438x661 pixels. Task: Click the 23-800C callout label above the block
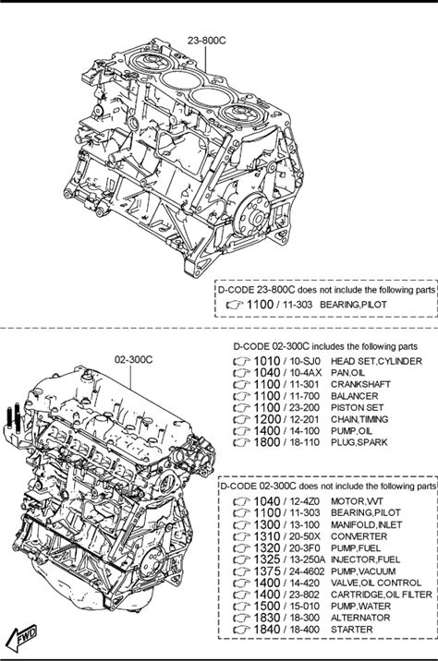click(x=207, y=41)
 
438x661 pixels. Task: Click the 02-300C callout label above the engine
click(x=134, y=360)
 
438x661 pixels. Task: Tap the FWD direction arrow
click(x=22, y=638)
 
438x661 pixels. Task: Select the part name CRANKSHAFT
click(x=360, y=384)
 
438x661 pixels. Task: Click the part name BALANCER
click(x=355, y=396)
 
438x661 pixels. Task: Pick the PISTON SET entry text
click(x=357, y=408)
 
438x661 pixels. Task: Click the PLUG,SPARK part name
click(x=359, y=442)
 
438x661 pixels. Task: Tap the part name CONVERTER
click(x=359, y=536)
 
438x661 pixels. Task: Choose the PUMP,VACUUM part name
click(x=363, y=571)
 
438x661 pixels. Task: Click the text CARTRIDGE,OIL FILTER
click(x=382, y=595)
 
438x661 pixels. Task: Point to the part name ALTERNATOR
click(x=360, y=618)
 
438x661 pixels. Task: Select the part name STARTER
click(x=351, y=630)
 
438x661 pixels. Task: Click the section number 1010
click(x=267, y=361)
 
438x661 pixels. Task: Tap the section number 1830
click(x=267, y=618)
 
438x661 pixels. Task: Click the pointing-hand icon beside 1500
click(x=242, y=607)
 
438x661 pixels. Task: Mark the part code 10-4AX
click(x=306, y=373)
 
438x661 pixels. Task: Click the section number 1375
click(x=267, y=571)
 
